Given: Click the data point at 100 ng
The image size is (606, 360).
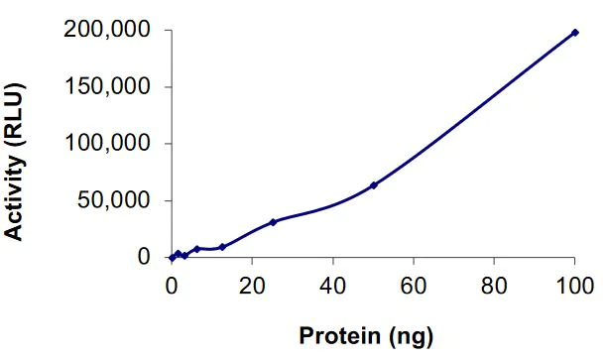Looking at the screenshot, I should coord(574,33).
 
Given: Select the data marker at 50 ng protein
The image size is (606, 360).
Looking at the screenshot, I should coord(374,185).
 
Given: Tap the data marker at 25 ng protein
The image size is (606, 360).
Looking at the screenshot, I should coord(273,222).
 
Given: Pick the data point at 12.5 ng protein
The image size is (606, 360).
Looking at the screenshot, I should coord(222,247).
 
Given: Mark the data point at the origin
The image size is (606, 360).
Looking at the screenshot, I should coord(172,258).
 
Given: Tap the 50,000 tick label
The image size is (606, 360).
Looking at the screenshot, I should coord(120,201).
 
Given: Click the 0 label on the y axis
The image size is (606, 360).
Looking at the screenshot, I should coord(144,258).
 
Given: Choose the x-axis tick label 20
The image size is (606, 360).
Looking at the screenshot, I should coord(252,281).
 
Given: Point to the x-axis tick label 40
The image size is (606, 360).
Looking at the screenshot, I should coord(333,281).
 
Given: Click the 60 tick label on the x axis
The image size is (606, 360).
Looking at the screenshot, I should coord(414,281).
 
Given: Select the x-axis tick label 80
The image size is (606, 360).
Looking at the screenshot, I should coord(494,281).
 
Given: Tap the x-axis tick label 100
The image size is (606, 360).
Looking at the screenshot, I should coord(574,281).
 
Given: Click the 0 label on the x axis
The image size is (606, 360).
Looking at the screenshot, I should coord(172,281).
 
